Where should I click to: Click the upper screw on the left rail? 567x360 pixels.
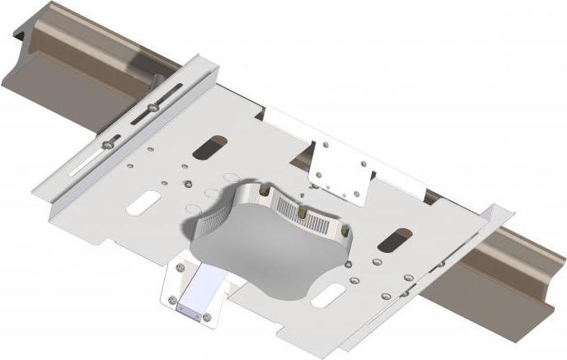coord(154,105)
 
